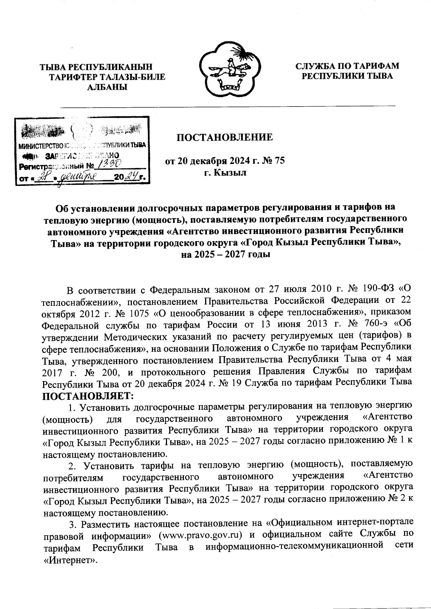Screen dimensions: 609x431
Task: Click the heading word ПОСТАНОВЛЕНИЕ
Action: (224, 137)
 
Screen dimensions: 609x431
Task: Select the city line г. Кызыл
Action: (225, 173)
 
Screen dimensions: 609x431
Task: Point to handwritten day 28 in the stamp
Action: (44, 177)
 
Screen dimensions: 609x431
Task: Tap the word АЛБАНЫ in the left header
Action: (108, 86)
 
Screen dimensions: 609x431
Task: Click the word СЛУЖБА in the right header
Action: (315, 66)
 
